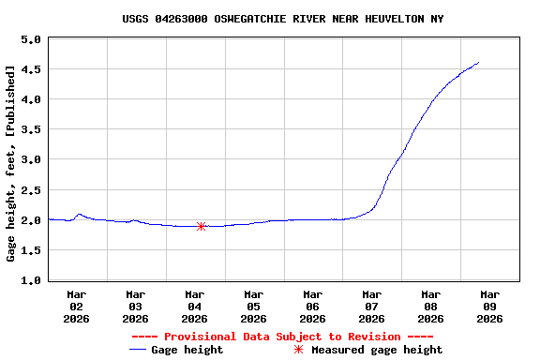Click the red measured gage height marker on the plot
pos(201,226)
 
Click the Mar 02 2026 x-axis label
pos(77,307)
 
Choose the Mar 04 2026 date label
pos(195,307)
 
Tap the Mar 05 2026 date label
pos(254,307)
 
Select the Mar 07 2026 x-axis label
pos(372,307)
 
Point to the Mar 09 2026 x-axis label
pos(489,307)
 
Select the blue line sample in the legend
pos(140,350)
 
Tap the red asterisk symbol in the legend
pos(298,350)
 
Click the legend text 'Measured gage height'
pos(377,350)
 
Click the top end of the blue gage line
pos(478,63)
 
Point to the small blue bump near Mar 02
pos(79,215)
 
